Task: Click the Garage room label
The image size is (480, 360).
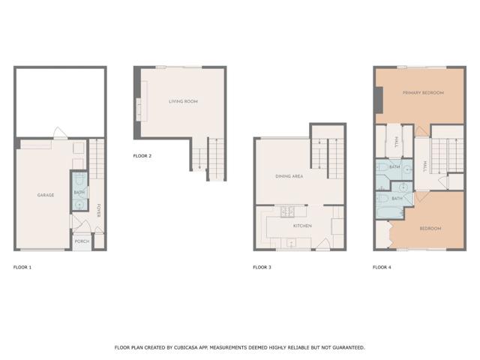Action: [46, 195]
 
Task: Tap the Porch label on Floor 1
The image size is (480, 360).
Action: [82, 241]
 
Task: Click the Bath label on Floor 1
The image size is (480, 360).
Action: [79, 193]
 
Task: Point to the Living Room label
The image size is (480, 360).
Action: [182, 101]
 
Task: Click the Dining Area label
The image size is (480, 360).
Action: [289, 176]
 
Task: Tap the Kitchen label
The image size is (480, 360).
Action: [302, 226]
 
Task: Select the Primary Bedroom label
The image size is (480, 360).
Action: [423, 93]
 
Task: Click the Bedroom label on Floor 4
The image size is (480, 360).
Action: [430, 228]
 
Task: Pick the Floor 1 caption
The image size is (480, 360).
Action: [22, 267]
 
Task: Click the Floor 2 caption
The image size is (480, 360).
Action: [142, 156]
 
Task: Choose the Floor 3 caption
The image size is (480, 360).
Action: [262, 267]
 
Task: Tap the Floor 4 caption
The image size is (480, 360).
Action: [382, 267]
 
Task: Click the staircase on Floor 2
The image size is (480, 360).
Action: [208, 159]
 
